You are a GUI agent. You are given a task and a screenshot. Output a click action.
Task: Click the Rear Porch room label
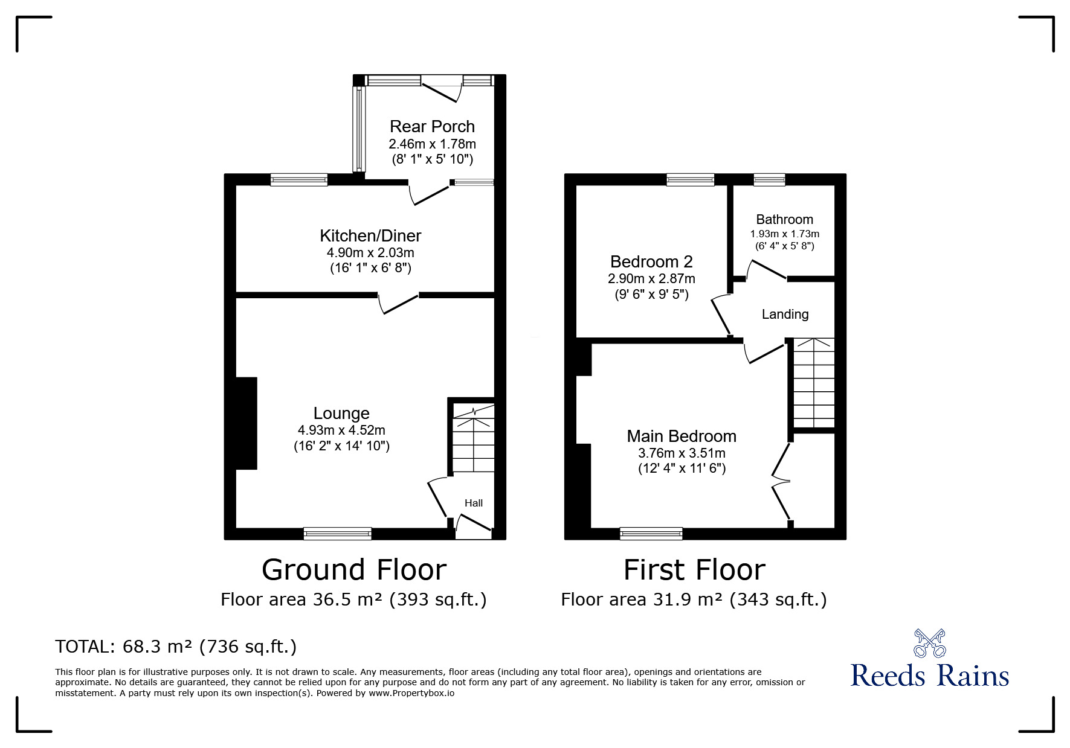coord(432,126)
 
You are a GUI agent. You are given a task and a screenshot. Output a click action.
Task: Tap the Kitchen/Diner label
coord(370,235)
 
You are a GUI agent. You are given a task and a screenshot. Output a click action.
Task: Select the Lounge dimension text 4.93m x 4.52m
coord(341,430)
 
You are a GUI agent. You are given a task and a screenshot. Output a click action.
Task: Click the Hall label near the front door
coord(474,503)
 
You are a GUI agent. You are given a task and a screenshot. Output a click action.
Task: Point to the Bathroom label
coord(784,219)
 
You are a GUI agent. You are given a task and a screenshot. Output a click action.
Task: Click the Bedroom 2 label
coord(651,261)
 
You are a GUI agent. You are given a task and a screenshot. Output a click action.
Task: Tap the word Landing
coord(785,314)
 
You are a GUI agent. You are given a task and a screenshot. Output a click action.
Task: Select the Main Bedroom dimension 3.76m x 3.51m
coord(682,453)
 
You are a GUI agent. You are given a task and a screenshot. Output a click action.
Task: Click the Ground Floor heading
coord(354,570)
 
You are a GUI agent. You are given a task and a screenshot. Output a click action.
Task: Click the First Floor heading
coord(694,570)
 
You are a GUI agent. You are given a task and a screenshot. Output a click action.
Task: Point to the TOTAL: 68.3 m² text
coord(176,647)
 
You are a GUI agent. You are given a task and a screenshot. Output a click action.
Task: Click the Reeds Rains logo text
coord(929,676)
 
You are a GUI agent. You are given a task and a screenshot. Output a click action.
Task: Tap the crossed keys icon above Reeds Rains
coord(929,643)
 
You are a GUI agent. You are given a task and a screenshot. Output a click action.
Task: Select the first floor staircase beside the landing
coord(814,383)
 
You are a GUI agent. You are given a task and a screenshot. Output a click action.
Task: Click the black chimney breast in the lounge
coord(247,423)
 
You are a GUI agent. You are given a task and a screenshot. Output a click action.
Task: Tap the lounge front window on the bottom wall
coord(338,533)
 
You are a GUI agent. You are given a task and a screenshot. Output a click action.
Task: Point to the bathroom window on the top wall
coord(769,179)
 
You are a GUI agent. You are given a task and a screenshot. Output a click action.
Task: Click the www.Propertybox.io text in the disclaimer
coord(411,693)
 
